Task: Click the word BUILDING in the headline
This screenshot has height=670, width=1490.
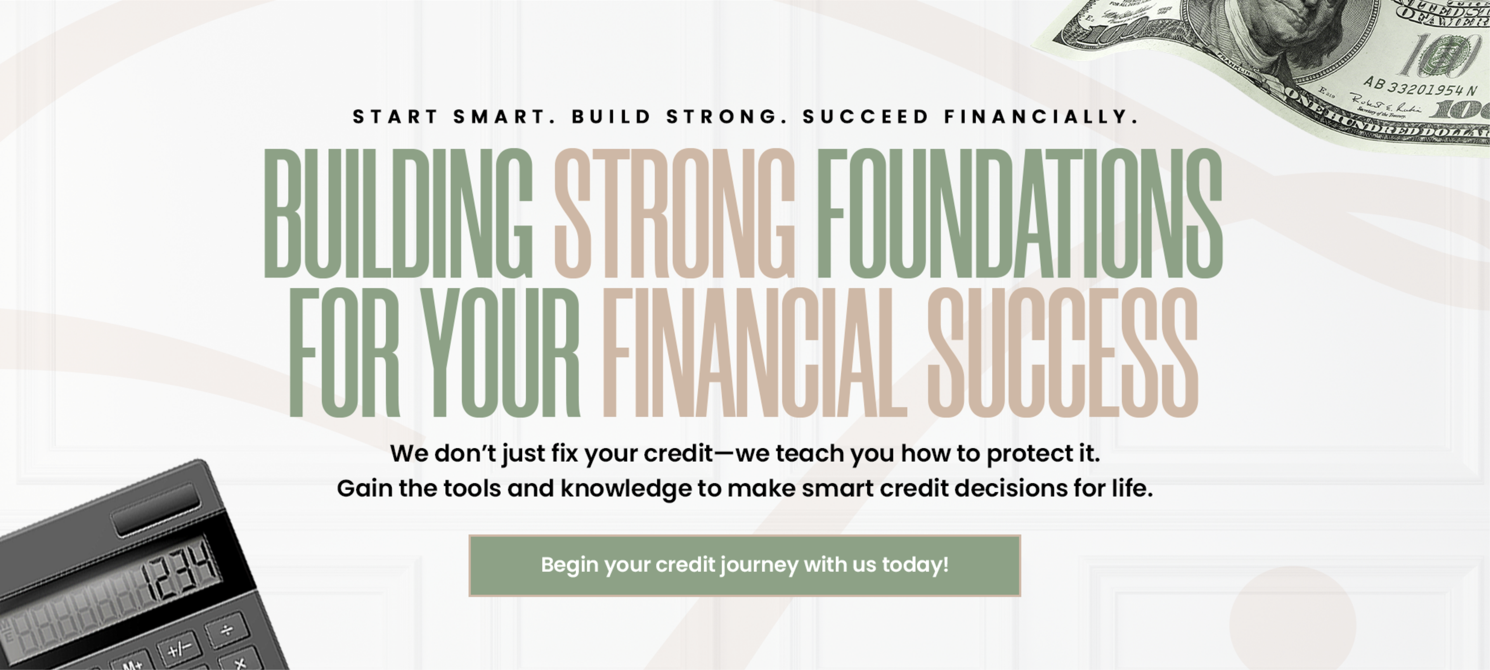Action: click(398, 212)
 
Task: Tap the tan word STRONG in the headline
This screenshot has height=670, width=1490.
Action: click(674, 212)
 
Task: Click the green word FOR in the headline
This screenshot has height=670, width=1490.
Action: click(343, 352)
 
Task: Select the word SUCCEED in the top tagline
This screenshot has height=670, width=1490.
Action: click(866, 117)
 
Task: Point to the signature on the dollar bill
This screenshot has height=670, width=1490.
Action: click(1385, 104)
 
